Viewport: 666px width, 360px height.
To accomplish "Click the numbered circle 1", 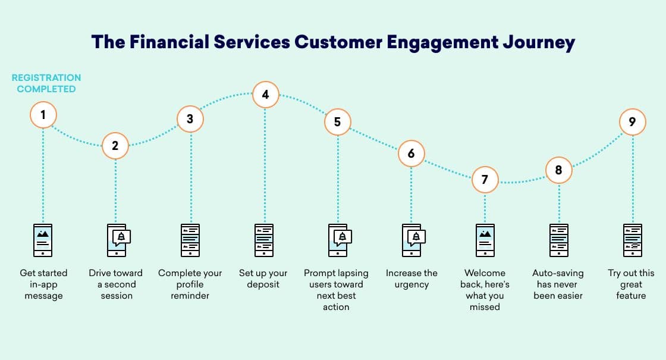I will [43, 114].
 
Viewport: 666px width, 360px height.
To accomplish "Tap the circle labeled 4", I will [265, 94].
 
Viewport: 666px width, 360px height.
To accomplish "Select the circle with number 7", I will [485, 179].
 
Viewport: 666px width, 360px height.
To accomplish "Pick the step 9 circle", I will [632, 121].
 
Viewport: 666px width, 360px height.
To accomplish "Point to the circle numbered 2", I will [115, 145].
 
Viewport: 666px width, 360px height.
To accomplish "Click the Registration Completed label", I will [46, 83].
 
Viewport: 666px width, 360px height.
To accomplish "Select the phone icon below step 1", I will [43, 240].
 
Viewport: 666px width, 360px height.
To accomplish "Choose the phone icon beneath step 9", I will [632, 240].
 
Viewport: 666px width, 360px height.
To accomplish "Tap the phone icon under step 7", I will [485, 240].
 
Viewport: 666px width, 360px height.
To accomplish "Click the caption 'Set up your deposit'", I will [263, 278].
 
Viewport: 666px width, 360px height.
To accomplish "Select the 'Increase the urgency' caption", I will [411, 278].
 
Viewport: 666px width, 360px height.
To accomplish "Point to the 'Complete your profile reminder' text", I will [190, 284].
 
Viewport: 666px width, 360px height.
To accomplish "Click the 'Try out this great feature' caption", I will [631, 284].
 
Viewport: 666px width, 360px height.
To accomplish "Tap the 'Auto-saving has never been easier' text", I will [558, 284].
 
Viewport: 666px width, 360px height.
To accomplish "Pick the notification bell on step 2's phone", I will [122, 236].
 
